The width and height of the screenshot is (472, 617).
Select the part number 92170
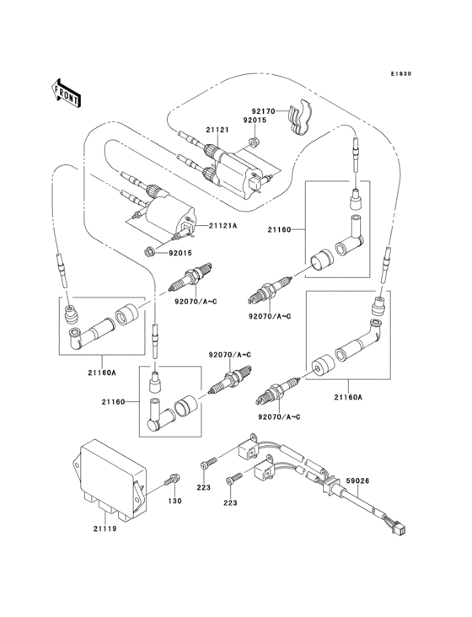click(x=262, y=110)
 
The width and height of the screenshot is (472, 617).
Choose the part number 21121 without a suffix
click(x=217, y=130)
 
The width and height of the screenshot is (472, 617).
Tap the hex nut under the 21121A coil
click(x=149, y=250)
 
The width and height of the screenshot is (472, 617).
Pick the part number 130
click(x=174, y=502)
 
